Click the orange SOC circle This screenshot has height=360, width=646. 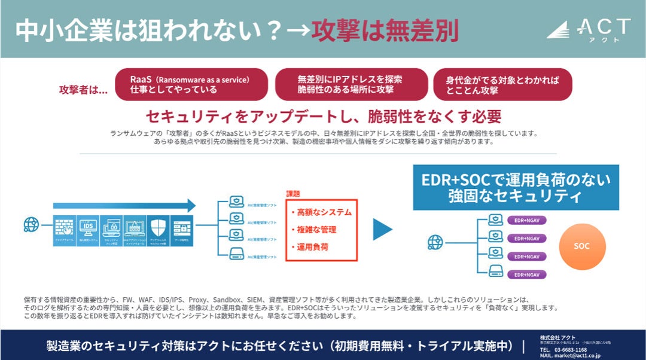tap(581, 246)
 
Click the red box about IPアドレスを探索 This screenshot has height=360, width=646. tap(351, 84)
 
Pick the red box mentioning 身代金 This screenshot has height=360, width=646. tap(502, 84)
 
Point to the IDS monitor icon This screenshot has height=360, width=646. tap(88, 227)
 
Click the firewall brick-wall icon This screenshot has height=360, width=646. tap(65, 227)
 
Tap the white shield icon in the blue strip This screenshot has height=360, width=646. tap(158, 227)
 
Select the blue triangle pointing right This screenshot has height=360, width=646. tap(382, 229)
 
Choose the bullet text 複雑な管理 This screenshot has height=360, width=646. tap(317, 230)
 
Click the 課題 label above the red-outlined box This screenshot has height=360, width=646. tap(293, 194)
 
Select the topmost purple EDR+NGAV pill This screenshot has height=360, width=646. tap(526, 220)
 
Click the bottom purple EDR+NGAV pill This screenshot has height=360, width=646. tap(526, 274)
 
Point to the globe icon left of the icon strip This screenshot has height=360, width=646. tap(31, 225)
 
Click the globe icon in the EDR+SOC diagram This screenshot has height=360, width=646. tap(435, 242)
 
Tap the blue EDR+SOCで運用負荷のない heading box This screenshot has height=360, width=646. tap(516, 187)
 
